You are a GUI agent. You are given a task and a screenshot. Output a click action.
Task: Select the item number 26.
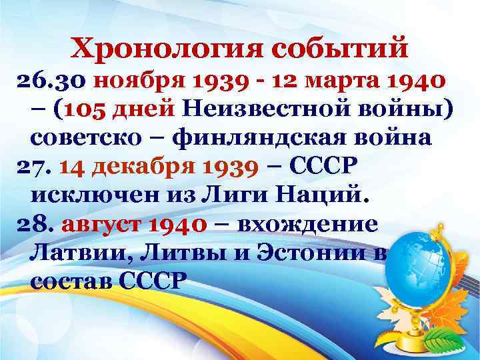point(31,82)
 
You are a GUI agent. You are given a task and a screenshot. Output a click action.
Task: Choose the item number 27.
point(31,166)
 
